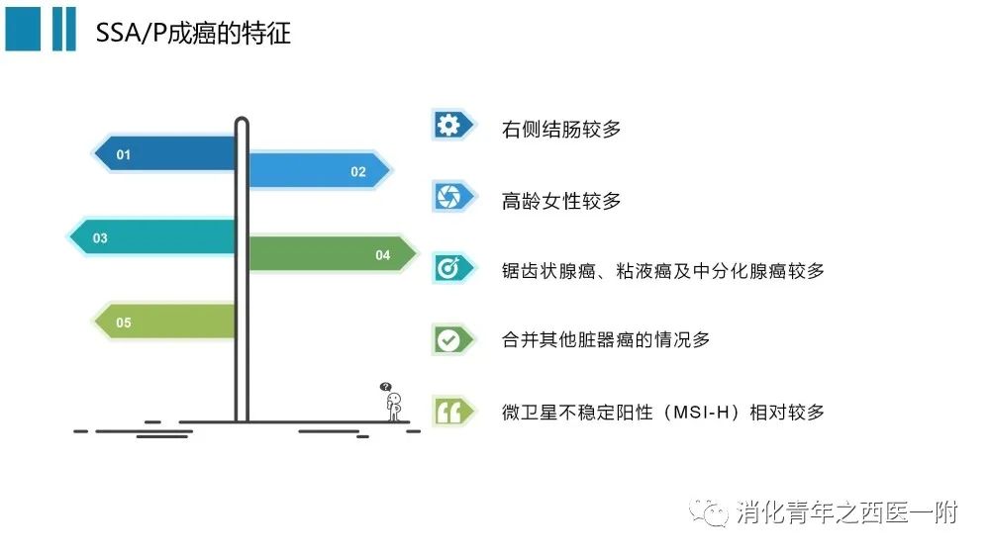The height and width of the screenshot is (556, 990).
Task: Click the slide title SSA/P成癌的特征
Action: tap(193, 33)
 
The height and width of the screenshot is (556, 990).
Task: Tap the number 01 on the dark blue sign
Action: tap(123, 154)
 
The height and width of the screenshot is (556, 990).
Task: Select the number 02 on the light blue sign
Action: tap(358, 172)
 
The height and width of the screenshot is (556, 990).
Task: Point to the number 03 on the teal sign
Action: tap(100, 237)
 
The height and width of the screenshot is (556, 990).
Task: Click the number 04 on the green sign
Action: tap(382, 255)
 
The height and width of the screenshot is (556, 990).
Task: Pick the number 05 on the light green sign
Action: tap(123, 323)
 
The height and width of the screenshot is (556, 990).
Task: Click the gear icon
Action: tap(448, 125)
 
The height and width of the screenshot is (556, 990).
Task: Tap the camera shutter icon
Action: tap(448, 196)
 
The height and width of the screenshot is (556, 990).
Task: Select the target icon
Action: tap(448, 268)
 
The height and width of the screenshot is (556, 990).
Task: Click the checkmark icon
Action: tap(448, 340)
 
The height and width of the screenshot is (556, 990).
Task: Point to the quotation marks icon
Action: tap(448, 413)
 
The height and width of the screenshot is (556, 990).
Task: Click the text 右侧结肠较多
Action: tap(561, 130)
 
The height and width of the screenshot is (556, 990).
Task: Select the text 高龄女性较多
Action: tap(561, 201)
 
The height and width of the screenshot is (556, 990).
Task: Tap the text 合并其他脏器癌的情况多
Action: tap(606, 339)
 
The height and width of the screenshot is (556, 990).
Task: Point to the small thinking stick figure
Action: tap(394, 407)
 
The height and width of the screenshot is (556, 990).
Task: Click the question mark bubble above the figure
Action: tap(385, 386)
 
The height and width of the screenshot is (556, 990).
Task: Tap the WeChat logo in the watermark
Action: tap(709, 512)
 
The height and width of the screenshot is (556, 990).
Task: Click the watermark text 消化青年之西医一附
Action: tap(847, 512)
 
